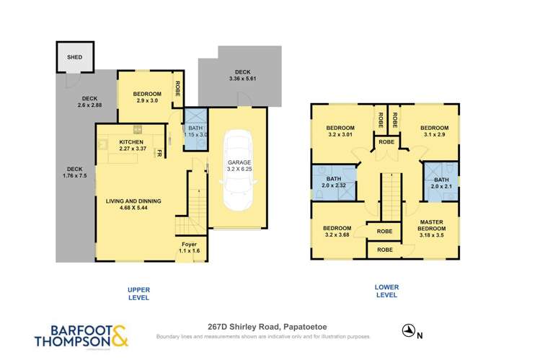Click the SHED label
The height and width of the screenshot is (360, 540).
[x=75, y=57]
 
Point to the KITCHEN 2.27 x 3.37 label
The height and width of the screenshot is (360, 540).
[x=130, y=146]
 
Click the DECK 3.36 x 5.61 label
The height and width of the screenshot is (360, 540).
[x=242, y=76]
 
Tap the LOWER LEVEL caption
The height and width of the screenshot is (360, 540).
[x=386, y=291]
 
